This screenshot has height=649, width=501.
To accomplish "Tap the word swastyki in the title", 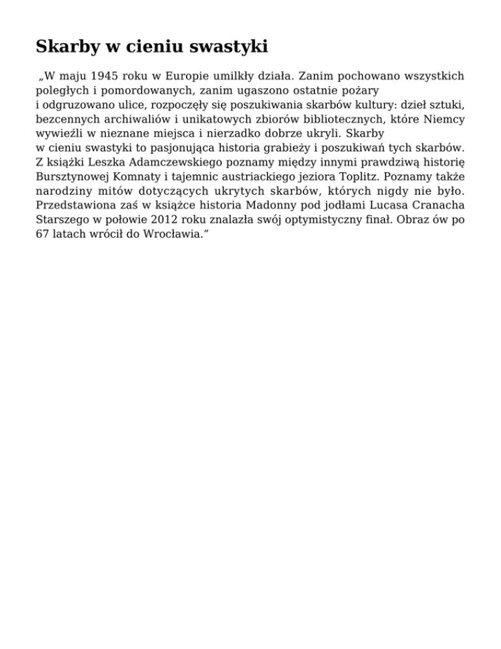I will (226, 47).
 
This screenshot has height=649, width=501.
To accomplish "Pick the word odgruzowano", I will (76, 104).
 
